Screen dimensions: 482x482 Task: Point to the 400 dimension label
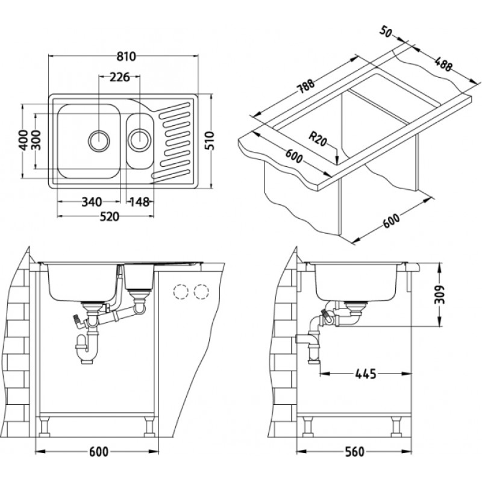tap(23, 141)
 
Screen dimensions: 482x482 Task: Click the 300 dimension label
tap(37, 141)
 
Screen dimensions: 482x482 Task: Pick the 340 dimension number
tap(92, 201)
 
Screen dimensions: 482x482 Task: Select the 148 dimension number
tap(139, 201)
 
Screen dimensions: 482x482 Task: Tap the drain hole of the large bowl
tap(99, 140)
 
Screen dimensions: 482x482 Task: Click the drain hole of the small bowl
tap(139, 140)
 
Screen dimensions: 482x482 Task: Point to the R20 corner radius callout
tap(319, 140)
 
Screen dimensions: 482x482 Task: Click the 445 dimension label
tap(365, 374)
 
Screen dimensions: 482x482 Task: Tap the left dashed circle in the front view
tap(180, 292)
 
